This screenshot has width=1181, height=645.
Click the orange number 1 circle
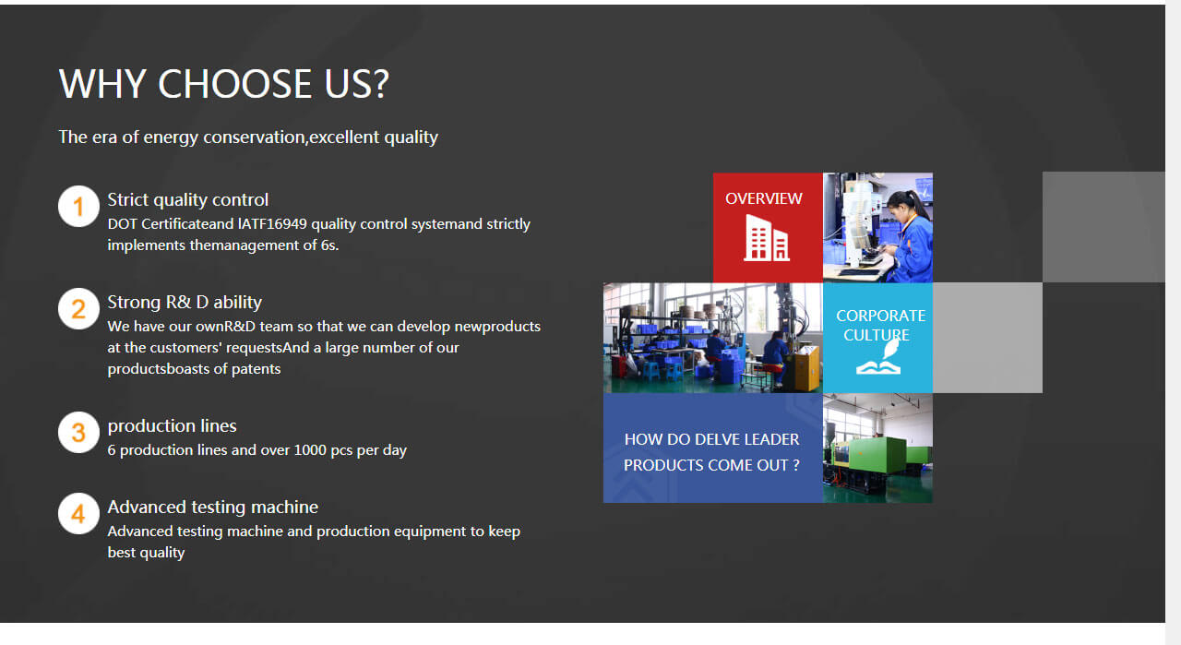78,206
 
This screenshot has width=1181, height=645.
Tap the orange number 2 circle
78,308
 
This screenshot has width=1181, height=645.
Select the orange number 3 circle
78,432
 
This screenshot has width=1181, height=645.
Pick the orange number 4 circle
78,513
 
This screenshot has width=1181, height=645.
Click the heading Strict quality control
188,199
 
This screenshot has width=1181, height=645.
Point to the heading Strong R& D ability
185,302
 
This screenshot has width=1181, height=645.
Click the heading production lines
173,425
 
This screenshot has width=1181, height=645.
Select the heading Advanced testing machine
213,507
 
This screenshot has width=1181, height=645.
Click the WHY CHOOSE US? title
224,84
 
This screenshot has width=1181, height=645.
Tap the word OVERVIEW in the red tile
764,198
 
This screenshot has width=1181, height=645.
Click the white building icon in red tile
767,238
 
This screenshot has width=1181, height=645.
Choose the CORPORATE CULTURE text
879,325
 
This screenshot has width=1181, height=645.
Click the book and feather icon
877,358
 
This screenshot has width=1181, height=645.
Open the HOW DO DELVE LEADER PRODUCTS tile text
712,452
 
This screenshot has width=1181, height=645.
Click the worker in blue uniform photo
877,227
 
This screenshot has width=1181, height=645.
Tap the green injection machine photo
877,448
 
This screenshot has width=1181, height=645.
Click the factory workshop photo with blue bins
712,338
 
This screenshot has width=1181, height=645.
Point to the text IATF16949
272,224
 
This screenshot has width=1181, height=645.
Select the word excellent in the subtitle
345,137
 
